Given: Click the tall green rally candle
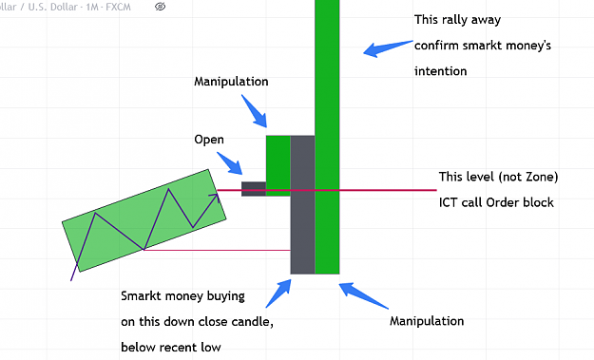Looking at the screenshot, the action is click(327, 136).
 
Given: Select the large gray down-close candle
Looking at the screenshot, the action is click(302, 204).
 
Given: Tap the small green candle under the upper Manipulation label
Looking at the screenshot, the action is click(278, 165).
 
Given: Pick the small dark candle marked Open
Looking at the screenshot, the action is click(254, 189).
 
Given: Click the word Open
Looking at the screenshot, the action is click(209, 140).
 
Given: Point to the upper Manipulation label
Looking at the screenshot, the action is click(231, 82).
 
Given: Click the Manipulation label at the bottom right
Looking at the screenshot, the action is click(427, 321).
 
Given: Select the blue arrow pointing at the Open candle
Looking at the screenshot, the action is click(230, 163).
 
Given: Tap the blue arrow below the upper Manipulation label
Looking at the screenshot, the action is click(254, 111).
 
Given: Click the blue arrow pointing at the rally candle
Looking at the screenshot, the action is click(388, 48).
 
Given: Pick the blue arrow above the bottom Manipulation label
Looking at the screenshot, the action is click(364, 295).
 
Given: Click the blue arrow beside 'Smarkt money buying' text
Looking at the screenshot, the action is click(278, 294).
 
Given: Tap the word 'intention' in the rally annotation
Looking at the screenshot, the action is click(441, 71).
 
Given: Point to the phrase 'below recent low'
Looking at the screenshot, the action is click(171, 347).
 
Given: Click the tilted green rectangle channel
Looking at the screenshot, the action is click(144, 220).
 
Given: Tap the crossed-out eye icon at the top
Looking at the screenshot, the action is click(161, 7).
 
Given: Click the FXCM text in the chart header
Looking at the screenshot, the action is click(118, 7).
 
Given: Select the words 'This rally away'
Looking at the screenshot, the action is click(458, 20).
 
